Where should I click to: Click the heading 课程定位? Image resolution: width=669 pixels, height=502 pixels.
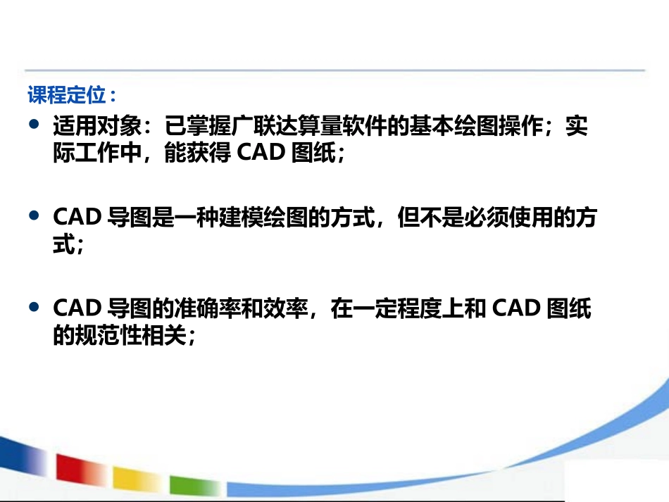coord(71,94)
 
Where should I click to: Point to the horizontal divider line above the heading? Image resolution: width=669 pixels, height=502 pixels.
coord(334,70)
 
